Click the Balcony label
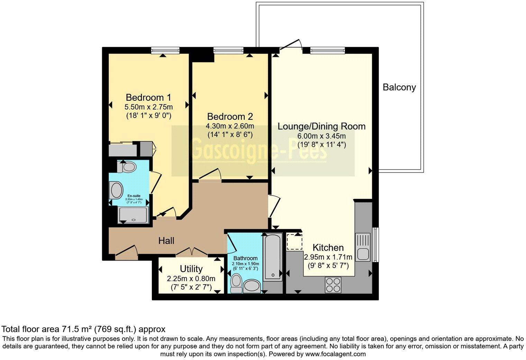399,87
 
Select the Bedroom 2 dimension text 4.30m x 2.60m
230,126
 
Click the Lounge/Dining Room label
321,126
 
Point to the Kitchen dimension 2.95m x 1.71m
328,257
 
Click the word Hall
166,241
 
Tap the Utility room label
191,269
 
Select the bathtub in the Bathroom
273,257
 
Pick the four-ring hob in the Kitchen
333,285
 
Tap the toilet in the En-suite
127,167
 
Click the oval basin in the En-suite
117,190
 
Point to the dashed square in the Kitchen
294,242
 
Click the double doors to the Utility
191,252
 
